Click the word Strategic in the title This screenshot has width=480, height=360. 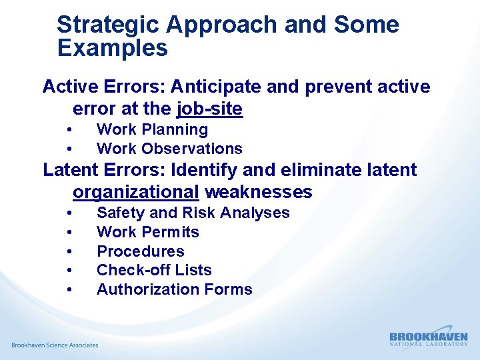pos(108,25)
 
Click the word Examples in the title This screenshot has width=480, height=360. pos(112,48)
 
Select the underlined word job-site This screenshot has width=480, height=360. pos(209,108)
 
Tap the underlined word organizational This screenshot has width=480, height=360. pos(135,193)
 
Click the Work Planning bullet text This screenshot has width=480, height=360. pos(152,129)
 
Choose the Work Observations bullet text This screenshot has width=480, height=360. pos(169,149)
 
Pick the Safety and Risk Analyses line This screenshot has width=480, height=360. pos(193,213)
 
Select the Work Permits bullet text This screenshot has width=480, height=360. pos(147,232)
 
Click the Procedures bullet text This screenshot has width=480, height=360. pos(140,251)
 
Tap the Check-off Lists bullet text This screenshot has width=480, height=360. pos(154,270)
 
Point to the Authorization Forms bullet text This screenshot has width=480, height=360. pos(174,289)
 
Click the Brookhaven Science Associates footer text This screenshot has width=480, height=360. pos(55,345)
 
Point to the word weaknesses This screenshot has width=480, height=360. pos(258,193)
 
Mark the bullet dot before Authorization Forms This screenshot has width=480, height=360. pos(69,289)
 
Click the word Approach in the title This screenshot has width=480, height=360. pos(222,25)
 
